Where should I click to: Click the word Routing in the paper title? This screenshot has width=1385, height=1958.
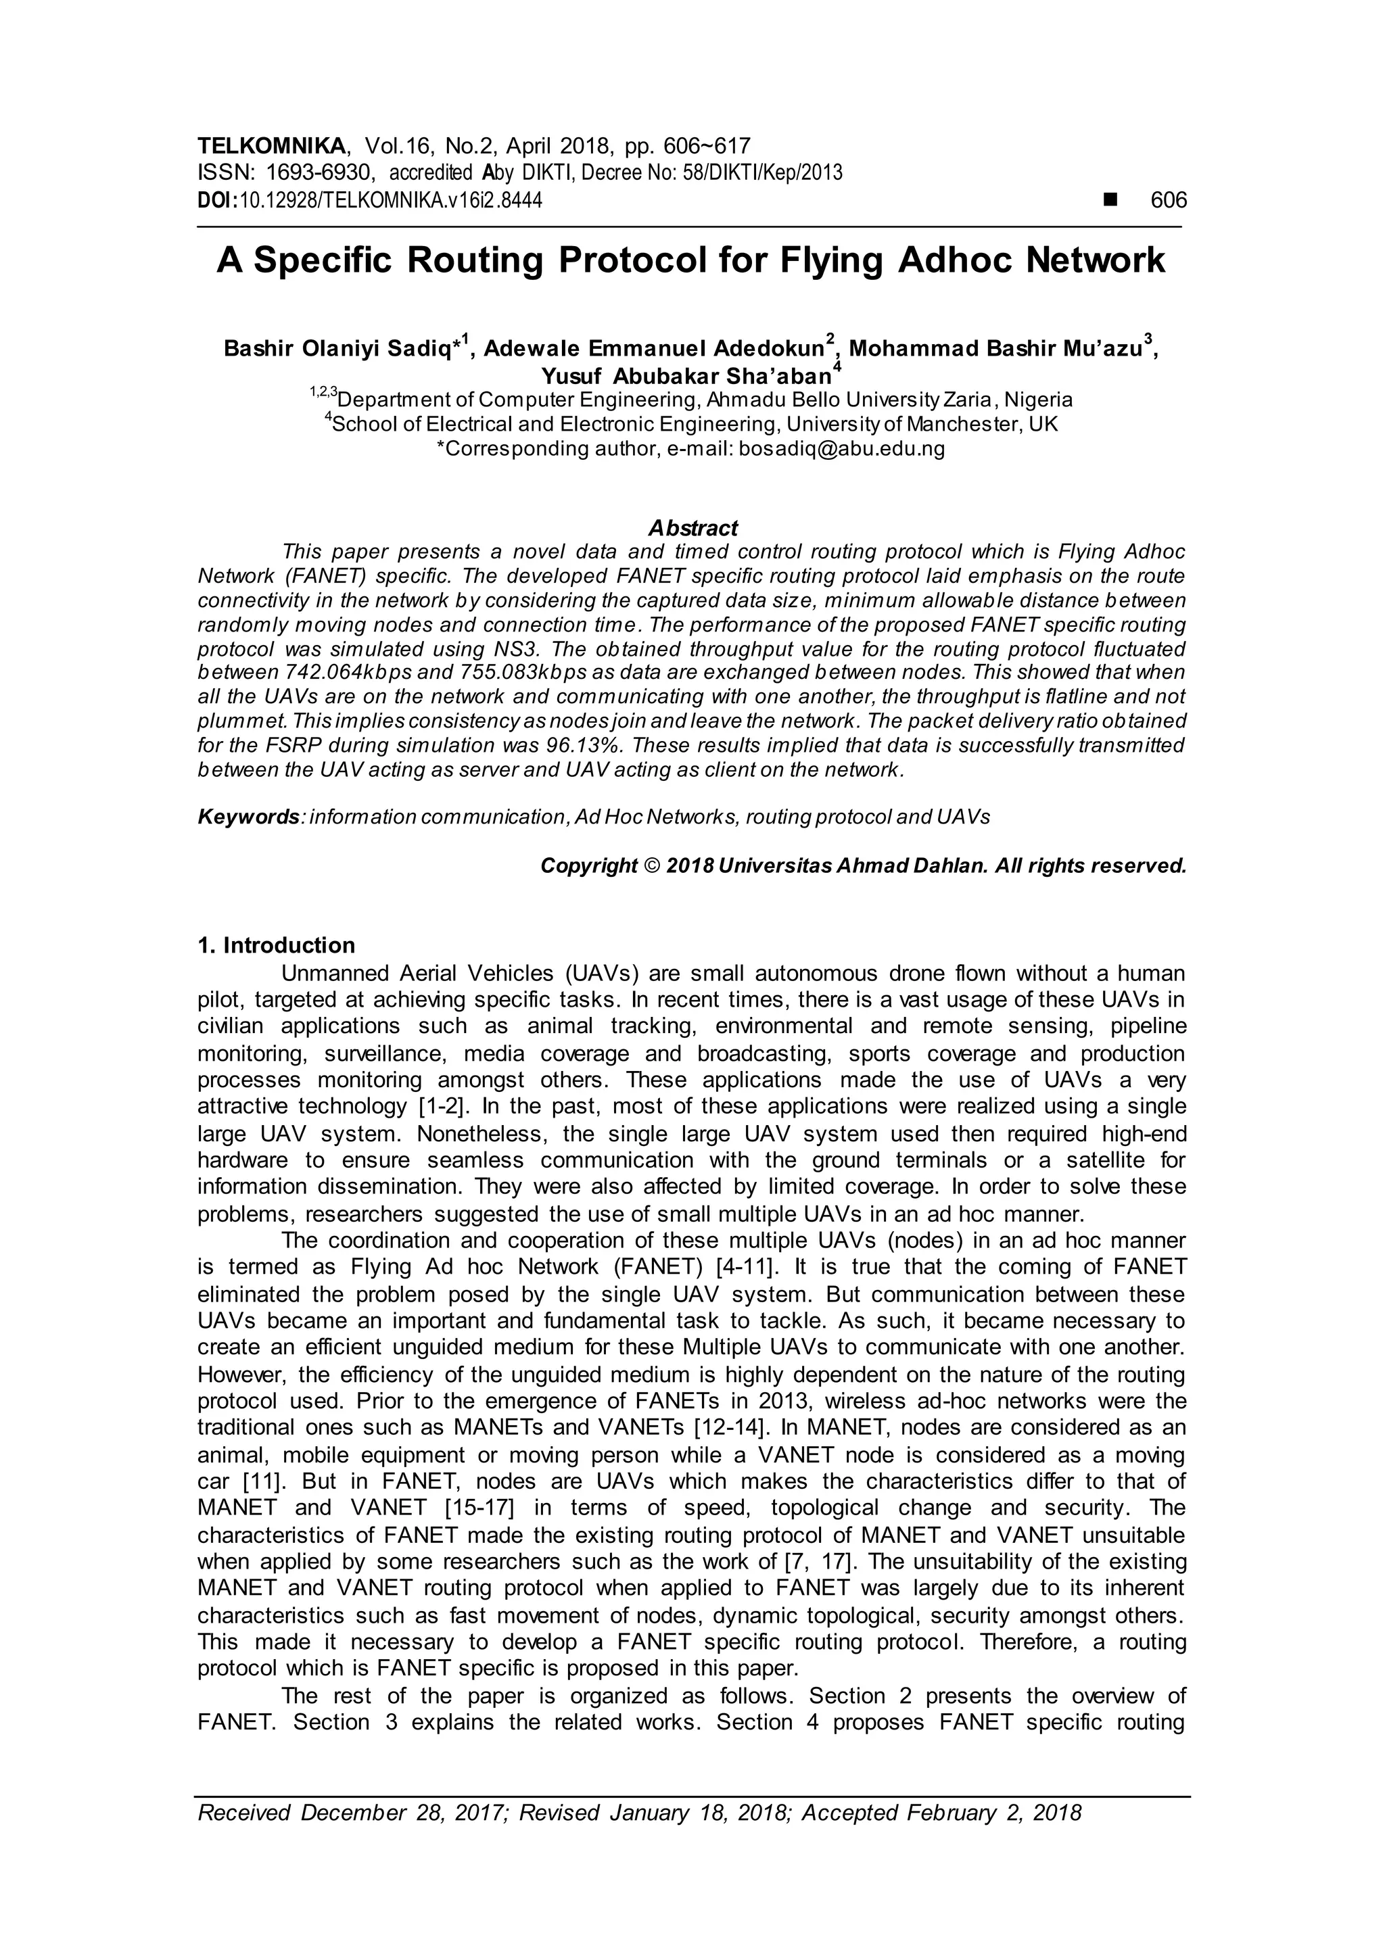(x=474, y=260)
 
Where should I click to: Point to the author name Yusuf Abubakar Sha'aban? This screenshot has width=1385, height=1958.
(x=686, y=376)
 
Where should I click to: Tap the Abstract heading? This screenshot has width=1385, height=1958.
(x=692, y=528)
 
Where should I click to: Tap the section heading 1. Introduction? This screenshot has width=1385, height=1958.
(x=275, y=945)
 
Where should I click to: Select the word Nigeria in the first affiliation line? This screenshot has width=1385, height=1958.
(x=1039, y=400)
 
